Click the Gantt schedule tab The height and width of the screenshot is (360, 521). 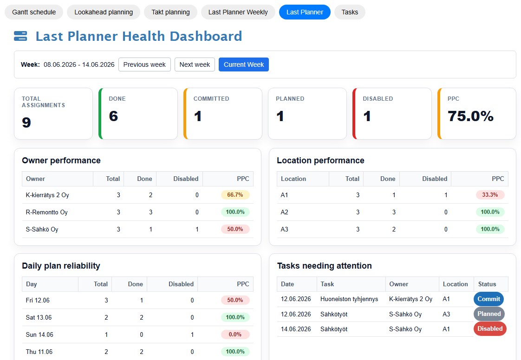pos(34,12)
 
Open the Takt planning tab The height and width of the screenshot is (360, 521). pos(170,12)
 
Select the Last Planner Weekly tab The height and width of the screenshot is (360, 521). pos(238,12)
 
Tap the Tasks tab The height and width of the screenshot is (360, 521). pos(350,12)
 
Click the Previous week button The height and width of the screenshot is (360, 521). pos(144,64)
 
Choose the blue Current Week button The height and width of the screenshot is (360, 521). pos(244,64)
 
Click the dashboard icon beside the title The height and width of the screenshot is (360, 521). pos(20,36)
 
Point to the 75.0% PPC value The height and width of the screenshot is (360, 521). pos(470,116)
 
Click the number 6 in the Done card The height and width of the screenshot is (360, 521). pos(113,116)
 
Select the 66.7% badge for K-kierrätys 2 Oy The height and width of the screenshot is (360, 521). pos(235,195)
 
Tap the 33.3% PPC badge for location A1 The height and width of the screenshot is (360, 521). pos(490,195)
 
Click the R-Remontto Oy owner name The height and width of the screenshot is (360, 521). pos(46,212)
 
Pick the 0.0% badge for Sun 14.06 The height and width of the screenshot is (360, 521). pos(235,334)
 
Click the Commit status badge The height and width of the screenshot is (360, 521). pos(488,299)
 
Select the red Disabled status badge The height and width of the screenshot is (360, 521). pos(490,329)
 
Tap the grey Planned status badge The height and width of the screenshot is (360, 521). pos(489,314)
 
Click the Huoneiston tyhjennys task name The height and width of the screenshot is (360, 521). pos(349,299)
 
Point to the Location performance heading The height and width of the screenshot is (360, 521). pos(320,161)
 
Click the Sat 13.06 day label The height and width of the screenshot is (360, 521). pos(39,317)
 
